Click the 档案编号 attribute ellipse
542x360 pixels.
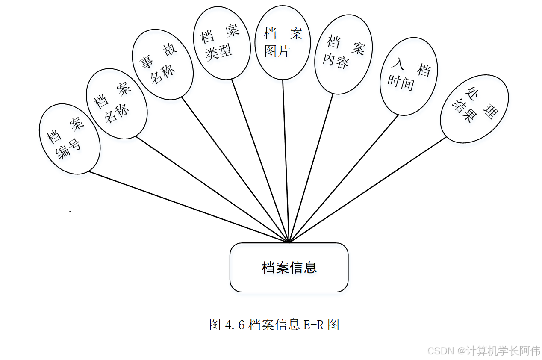(x=69, y=139)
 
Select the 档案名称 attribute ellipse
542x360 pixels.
(x=117, y=103)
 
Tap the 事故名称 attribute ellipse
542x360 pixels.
(x=162, y=65)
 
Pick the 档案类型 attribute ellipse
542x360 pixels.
(x=221, y=43)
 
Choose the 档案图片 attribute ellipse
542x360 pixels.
(x=283, y=42)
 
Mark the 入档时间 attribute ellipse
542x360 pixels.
(x=408, y=76)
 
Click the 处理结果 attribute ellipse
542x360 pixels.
(x=474, y=109)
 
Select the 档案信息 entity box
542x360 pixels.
(x=289, y=268)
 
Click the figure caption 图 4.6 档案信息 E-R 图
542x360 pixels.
(x=274, y=325)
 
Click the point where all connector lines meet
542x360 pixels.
(x=289, y=242)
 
